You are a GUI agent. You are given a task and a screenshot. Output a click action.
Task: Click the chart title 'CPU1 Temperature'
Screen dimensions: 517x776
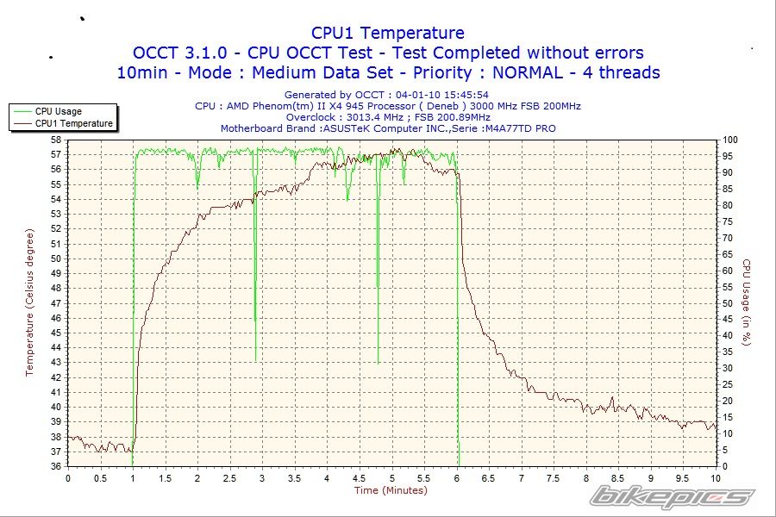coord(387,33)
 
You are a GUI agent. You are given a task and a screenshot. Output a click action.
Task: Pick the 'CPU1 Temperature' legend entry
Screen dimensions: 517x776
coord(73,123)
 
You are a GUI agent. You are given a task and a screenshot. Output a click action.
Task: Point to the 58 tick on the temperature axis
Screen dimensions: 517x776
coord(56,140)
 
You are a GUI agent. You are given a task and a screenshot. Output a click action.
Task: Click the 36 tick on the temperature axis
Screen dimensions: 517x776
coord(56,466)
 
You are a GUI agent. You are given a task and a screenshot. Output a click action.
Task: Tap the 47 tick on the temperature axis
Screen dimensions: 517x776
coord(56,303)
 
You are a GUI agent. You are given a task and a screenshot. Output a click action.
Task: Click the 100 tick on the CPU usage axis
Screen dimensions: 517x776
coord(729,140)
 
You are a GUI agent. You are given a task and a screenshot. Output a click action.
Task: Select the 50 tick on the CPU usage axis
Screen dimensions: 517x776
coord(728,303)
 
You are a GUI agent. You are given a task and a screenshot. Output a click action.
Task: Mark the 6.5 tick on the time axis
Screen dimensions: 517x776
coord(489,477)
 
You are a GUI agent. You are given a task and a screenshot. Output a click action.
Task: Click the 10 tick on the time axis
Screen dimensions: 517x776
coord(716,477)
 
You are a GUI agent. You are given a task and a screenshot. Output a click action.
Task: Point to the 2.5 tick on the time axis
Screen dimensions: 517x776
coord(229,477)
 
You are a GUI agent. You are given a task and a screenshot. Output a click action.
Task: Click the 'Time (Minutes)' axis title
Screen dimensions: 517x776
coord(391,490)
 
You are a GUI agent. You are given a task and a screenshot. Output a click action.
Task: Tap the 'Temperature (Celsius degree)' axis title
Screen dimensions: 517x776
coord(29,302)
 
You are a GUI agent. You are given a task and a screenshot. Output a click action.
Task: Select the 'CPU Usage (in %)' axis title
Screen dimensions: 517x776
coord(748,302)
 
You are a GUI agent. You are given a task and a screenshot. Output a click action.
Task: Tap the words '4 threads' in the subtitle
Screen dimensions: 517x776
coord(613,72)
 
